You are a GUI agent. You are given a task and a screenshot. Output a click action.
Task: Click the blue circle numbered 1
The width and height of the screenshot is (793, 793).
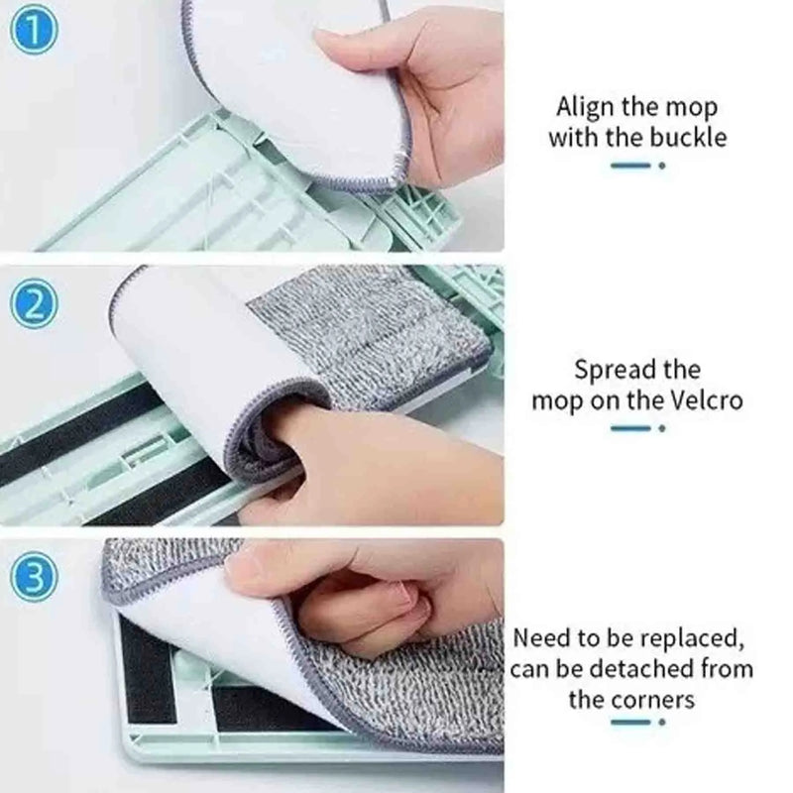(x=34, y=31)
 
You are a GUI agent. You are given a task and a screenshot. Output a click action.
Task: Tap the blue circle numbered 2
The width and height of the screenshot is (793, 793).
(x=34, y=305)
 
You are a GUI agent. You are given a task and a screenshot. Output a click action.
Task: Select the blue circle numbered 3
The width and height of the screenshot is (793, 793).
(x=34, y=578)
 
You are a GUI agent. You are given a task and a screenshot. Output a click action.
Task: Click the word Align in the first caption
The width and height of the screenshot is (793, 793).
(x=585, y=108)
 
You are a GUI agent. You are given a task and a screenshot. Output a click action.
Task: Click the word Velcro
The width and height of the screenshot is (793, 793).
(x=707, y=401)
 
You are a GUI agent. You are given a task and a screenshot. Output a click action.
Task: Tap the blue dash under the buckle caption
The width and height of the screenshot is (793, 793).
(x=629, y=166)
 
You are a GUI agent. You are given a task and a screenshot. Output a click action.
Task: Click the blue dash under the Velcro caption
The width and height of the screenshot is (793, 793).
(x=629, y=428)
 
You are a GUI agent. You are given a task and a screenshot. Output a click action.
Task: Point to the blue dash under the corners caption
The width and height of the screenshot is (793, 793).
(x=629, y=722)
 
